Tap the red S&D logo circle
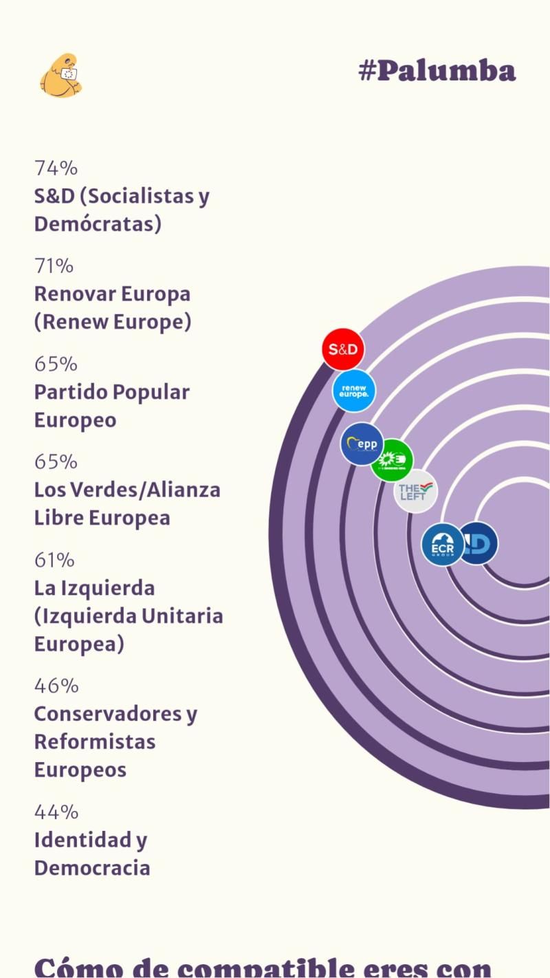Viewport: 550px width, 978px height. coord(343,349)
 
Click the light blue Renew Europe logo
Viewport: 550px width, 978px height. coord(354,391)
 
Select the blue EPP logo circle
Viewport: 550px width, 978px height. coord(362,444)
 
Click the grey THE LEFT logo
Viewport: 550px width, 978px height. coord(416,491)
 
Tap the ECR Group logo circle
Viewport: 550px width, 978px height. coord(442,545)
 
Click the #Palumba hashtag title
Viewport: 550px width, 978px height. coord(437,70)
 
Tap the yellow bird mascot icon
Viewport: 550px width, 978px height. coord(60,76)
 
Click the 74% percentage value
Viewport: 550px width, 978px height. coord(56,168)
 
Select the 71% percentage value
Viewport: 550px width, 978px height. coord(54,265)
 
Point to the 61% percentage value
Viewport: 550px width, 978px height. coord(54,560)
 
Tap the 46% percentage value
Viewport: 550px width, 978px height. coord(56,685)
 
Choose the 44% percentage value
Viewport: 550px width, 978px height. coord(56,812)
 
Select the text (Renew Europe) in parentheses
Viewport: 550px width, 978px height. coord(113,322)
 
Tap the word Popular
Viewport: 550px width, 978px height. coord(151,392)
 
